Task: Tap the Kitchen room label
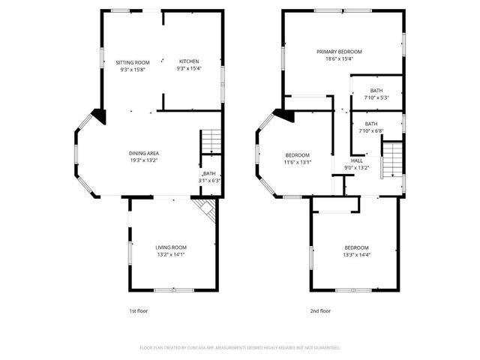(188, 61)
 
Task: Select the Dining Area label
(142, 153)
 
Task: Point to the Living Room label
(171, 247)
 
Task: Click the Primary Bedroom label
(339, 52)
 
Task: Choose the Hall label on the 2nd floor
(357, 160)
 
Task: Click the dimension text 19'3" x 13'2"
(142, 160)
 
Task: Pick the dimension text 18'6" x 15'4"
(339, 58)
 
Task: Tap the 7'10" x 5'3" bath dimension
(376, 97)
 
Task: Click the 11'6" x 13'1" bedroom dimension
(297, 162)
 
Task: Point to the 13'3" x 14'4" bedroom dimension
(356, 255)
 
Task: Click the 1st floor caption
(139, 310)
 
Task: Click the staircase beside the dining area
(211, 139)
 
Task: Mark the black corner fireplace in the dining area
(98, 115)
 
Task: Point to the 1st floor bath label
(208, 173)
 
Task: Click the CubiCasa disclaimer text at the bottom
(240, 348)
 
